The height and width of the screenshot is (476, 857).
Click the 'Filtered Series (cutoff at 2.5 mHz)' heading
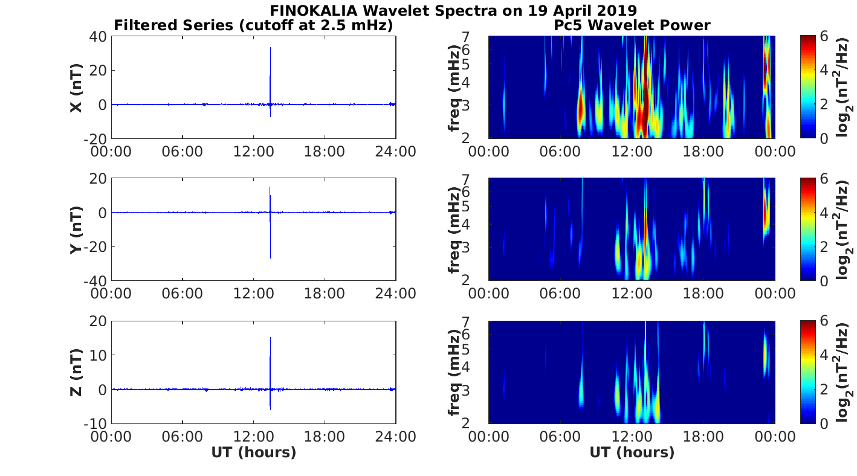(254, 25)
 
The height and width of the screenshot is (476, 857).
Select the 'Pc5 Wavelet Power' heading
(632, 25)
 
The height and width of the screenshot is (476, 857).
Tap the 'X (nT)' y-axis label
(77, 88)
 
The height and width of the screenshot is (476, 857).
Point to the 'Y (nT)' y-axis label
(77, 230)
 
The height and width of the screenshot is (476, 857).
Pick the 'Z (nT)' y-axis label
(77, 372)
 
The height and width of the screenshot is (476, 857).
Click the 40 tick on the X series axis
(99, 37)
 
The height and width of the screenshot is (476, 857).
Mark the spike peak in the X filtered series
(270, 48)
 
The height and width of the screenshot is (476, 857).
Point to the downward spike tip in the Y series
(270, 258)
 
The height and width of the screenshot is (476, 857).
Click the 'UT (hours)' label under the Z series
(254, 452)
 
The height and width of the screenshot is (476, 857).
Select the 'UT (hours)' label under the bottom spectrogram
(632, 452)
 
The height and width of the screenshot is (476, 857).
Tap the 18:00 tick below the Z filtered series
(325, 436)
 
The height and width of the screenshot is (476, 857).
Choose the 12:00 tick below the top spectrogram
(632, 151)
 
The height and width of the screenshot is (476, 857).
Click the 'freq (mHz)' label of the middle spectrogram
(454, 230)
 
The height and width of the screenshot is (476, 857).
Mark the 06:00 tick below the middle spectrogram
(560, 294)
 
